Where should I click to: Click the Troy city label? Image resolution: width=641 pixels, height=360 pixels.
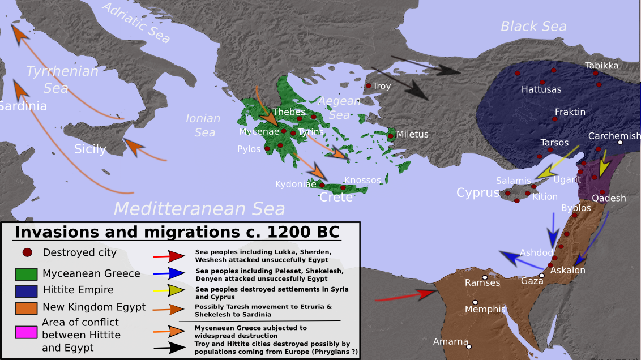click(382, 87)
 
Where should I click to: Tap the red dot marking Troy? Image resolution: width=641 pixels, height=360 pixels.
click(369, 86)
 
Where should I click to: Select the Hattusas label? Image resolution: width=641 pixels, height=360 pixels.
click(541, 89)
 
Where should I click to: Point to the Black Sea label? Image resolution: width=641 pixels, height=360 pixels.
click(533, 27)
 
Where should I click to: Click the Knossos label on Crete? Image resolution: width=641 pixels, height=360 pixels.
click(362, 180)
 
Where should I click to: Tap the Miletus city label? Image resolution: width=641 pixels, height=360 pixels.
click(412, 135)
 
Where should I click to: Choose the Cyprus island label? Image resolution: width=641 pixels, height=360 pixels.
click(478, 193)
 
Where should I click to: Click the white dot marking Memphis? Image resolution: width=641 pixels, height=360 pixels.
click(476, 302)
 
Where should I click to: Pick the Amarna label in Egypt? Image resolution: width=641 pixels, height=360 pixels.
click(451, 342)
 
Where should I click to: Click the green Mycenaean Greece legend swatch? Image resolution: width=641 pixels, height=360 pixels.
click(26, 274)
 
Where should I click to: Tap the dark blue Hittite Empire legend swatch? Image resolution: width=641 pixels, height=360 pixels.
click(26, 290)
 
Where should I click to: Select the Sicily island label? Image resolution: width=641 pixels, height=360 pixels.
click(91, 149)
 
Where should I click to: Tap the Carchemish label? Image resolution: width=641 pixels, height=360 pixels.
click(614, 136)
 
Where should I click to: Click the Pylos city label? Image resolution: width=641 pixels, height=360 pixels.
click(249, 149)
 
